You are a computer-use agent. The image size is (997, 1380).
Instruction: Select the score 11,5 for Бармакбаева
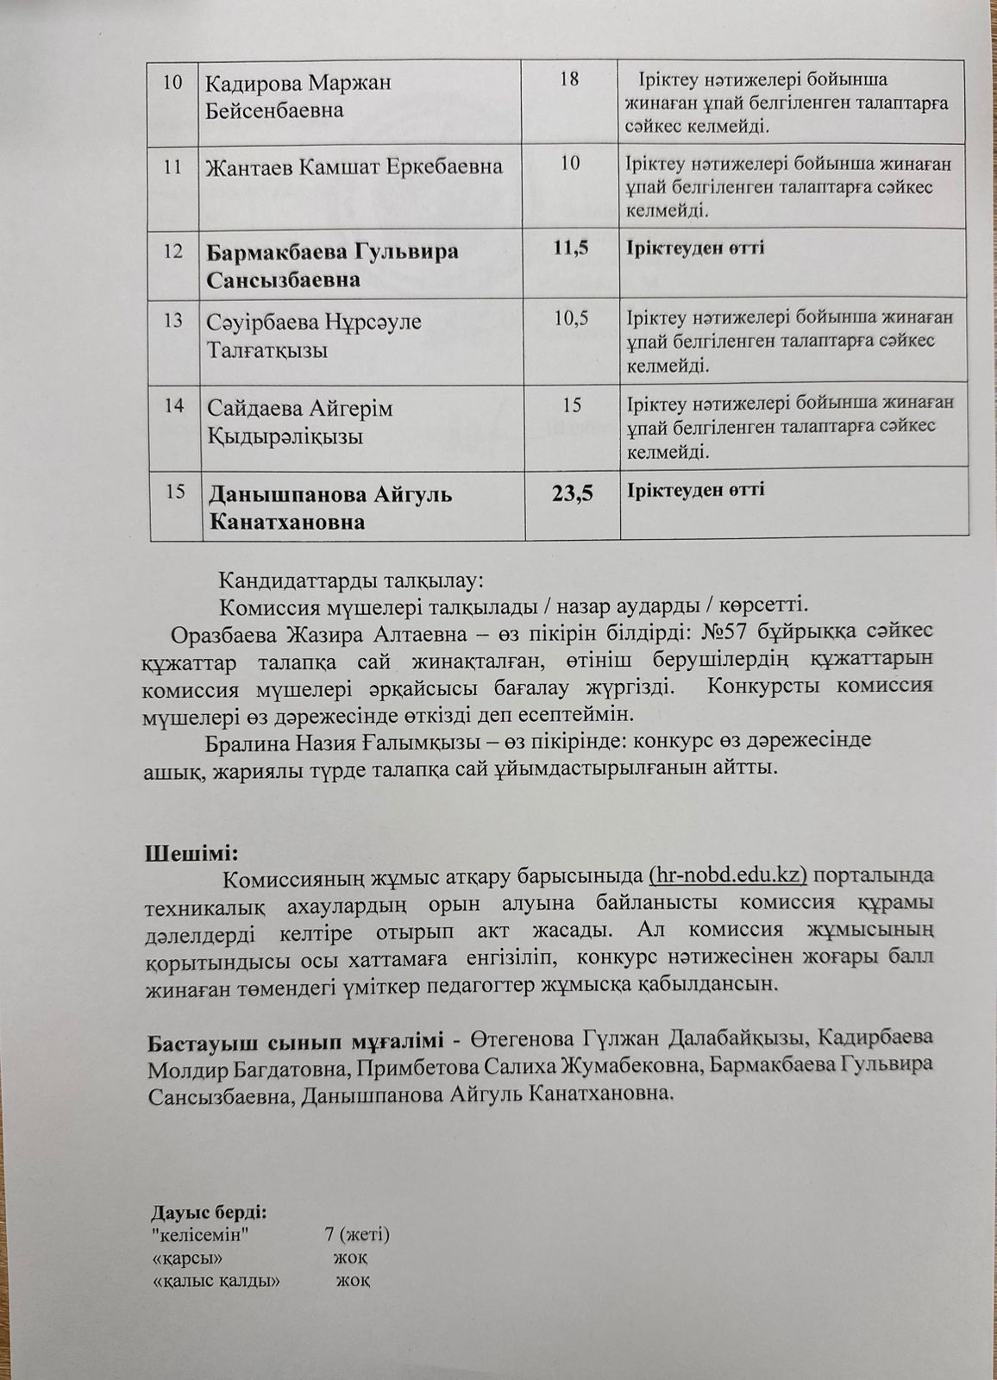pos(570,248)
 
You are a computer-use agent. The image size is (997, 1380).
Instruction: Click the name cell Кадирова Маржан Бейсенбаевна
pos(298,97)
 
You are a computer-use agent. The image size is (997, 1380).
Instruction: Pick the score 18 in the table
pos(569,79)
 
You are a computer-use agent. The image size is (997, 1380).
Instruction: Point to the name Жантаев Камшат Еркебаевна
pos(354,166)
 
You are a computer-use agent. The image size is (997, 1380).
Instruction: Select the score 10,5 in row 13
pos(571,318)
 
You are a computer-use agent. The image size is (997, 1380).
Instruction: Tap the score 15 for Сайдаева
pos(571,405)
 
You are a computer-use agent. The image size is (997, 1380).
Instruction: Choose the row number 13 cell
pos(173,320)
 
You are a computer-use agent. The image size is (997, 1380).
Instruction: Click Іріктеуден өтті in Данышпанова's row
pos(696,490)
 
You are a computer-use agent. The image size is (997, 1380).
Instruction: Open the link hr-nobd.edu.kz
pos(727,875)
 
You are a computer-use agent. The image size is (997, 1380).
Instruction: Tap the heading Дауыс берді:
pos(209,1213)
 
